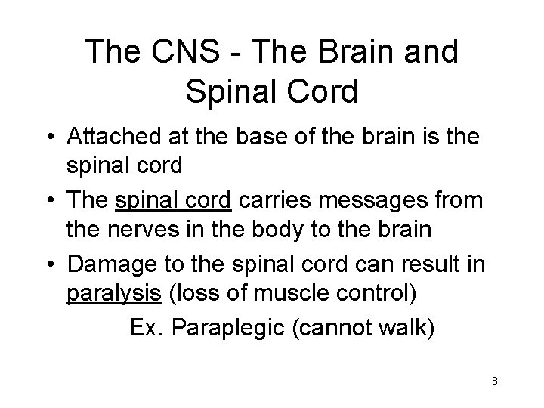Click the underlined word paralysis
pyautogui.click(x=114, y=294)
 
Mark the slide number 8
pyautogui.click(x=494, y=382)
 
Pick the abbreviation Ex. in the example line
pyautogui.click(x=147, y=327)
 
